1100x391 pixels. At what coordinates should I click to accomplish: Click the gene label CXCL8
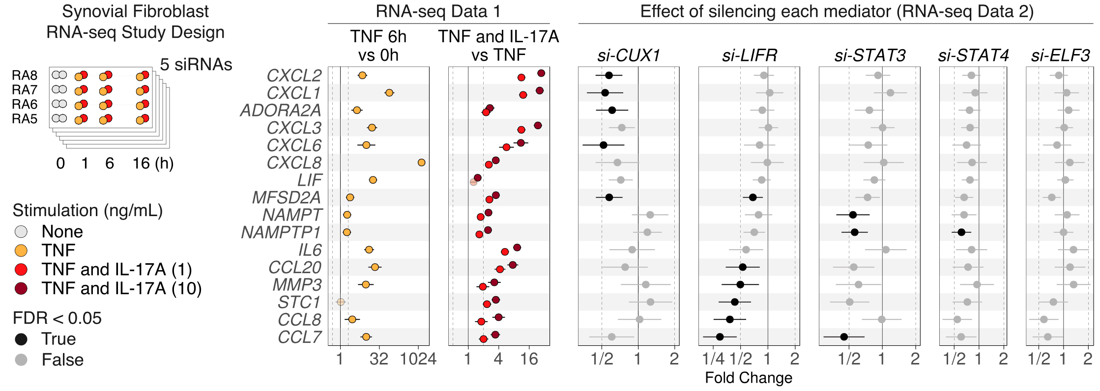click(x=294, y=163)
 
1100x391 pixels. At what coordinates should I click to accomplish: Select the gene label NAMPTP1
click(x=281, y=232)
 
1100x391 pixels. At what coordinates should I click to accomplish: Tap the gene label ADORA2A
click(x=280, y=111)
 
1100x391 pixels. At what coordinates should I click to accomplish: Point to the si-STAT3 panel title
click(x=869, y=56)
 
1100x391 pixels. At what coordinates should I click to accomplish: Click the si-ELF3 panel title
click(x=1060, y=56)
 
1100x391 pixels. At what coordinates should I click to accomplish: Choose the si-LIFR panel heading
click(x=749, y=56)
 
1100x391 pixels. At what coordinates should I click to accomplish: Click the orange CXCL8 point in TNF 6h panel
click(x=421, y=163)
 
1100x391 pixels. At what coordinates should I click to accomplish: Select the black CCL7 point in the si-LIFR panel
click(x=720, y=336)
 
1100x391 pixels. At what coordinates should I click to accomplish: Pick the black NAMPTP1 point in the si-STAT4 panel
click(x=961, y=232)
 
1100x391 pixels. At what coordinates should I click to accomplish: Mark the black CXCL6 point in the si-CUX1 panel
click(x=604, y=145)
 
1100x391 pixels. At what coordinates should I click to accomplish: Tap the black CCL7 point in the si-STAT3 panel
click(x=844, y=336)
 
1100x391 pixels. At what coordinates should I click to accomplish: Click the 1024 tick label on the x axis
click(x=418, y=359)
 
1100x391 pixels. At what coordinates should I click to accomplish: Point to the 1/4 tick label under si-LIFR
click(x=713, y=359)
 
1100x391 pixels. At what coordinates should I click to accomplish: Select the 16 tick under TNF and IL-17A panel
click(x=529, y=359)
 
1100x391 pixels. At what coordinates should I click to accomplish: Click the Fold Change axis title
click(x=748, y=378)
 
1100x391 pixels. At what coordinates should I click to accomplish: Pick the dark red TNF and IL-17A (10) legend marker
click(x=21, y=288)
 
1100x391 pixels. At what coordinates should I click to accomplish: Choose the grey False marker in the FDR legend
click(x=21, y=360)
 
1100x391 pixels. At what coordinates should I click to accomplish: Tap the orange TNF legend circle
click(x=21, y=251)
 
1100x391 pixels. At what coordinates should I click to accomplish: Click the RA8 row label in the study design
click(x=25, y=76)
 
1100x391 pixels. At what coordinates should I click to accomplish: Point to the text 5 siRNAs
click(x=196, y=64)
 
